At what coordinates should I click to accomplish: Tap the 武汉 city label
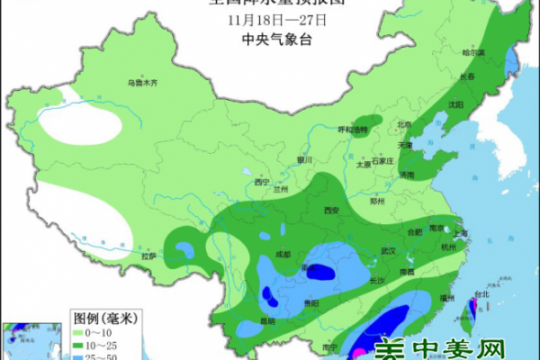pyautogui.click(x=389, y=249)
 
